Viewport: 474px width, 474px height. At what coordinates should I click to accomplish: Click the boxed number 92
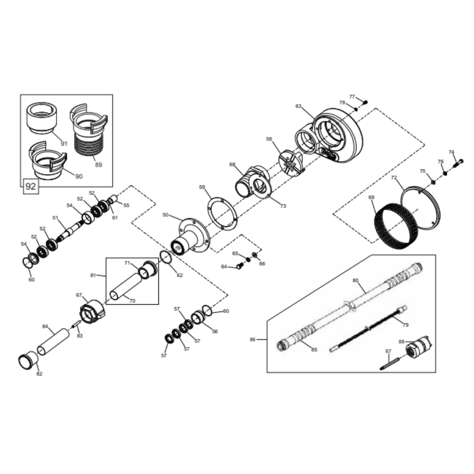click(31, 186)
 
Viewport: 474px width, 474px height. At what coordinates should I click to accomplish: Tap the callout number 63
click(298, 106)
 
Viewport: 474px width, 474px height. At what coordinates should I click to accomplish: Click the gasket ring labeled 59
click(222, 213)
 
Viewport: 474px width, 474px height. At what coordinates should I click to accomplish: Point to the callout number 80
click(355, 281)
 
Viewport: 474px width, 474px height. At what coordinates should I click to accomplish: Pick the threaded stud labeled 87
click(390, 364)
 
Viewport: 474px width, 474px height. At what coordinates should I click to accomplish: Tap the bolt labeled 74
click(457, 164)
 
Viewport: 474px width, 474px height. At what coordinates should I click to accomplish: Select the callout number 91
click(64, 144)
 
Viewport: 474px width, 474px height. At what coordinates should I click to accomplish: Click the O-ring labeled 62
click(166, 257)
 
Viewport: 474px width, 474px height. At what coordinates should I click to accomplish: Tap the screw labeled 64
click(239, 266)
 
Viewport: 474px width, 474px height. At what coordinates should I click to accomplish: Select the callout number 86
click(253, 339)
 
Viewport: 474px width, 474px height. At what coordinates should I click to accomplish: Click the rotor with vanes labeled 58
click(290, 163)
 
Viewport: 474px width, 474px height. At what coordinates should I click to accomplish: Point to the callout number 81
click(93, 275)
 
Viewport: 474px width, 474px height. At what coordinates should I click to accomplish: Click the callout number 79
click(406, 325)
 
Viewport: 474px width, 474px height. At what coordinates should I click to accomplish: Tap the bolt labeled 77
click(365, 102)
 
